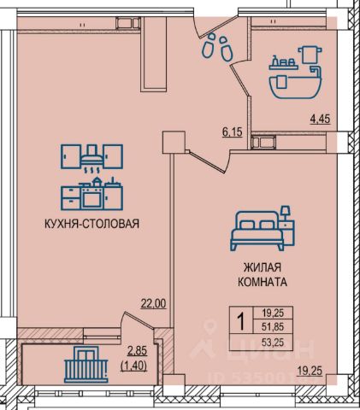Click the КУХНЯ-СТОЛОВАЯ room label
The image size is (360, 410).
point(91,224)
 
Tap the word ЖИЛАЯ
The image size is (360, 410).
point(263,267)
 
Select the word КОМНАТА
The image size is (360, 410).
point(263,282)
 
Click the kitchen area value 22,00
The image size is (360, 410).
point(154,303)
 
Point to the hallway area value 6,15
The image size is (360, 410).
point(233,132)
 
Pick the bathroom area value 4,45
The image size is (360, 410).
point(320,119)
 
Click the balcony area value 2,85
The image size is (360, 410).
point(137,350)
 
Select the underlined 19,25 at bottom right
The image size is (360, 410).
point(310,371)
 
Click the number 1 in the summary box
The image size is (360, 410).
point(241,321)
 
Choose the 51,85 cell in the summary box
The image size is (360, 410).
point(273,326)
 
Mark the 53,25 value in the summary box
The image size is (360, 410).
point(273,342)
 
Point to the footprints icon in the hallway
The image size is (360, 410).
point(217,47)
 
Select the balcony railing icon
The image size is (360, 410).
point(86,365)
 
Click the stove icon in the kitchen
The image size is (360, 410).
point(93,195)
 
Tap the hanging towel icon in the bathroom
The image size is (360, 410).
point(310,55)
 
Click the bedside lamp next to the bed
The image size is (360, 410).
point(286,213)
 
